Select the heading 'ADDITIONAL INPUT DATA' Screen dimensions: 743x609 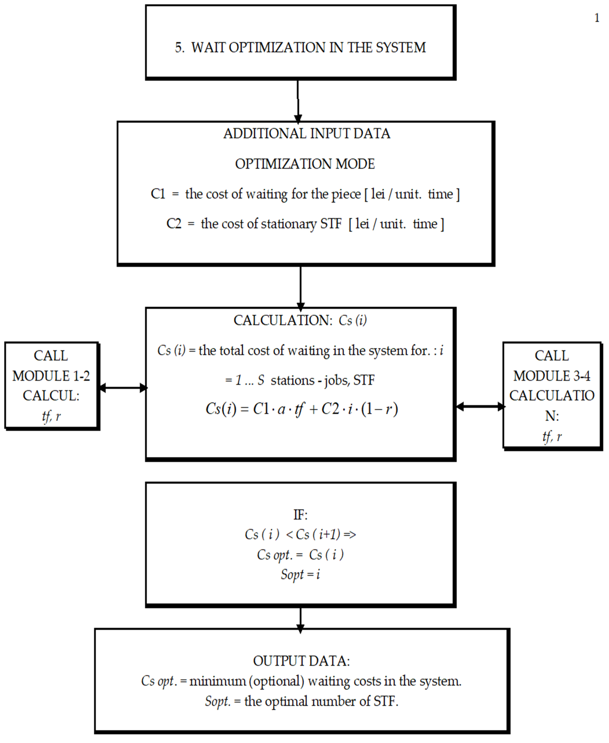(x=307, y=134)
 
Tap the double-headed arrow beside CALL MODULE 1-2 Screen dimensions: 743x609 (x=123, y=388)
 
